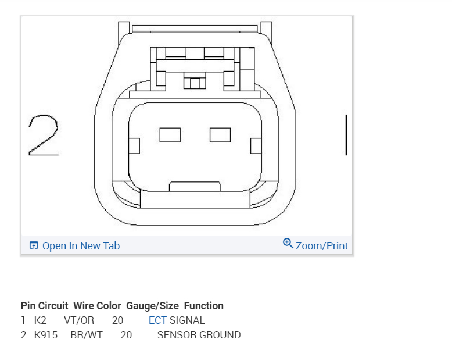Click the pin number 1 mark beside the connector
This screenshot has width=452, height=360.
(346, 135)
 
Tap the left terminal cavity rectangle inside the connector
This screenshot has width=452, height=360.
(170, 135)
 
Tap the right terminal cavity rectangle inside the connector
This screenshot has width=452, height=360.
(220, 135)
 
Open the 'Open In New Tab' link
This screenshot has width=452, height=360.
(81, 246)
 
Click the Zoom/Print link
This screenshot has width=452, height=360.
(322, 246)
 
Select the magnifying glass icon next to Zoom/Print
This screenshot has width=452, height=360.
(288, 243)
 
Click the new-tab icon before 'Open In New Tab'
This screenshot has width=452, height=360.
(34, 245)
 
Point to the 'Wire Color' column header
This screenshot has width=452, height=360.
(97, 306)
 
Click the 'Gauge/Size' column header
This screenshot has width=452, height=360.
(152, 306)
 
